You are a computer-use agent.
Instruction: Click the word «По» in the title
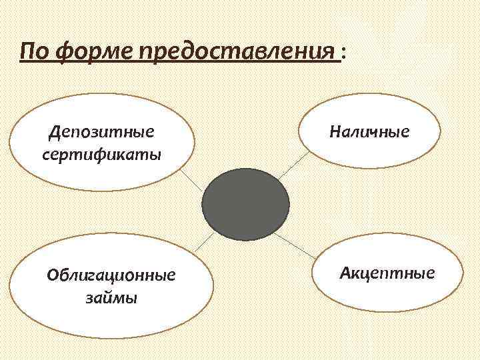35,51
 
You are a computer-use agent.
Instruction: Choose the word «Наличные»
369,131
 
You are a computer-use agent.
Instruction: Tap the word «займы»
111,297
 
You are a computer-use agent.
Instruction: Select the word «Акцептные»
387,273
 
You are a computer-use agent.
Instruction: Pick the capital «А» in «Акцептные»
345,273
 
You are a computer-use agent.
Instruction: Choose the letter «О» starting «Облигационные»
51,275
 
